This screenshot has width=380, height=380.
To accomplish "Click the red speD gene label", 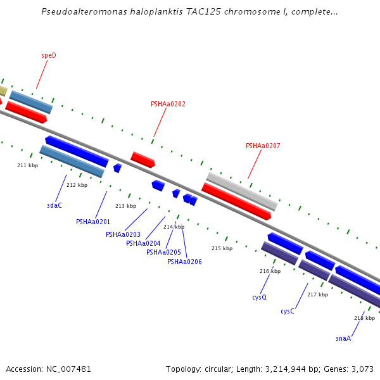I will (49, 55).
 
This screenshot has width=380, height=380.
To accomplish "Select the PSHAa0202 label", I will (168, 104).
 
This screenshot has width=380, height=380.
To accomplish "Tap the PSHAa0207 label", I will (263, 146).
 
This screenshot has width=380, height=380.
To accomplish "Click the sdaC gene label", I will (54, 205).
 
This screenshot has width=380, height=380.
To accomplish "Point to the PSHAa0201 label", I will (93, 222).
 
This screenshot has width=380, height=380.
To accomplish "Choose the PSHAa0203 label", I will (123, 234).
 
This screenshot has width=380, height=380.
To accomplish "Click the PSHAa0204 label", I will (143, 243).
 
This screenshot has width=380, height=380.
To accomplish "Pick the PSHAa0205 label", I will (163, 252).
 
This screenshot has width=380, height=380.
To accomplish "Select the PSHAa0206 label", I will (184, 262).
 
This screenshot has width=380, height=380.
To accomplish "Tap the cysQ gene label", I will (259, 296).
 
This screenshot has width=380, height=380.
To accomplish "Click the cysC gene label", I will (288, 311).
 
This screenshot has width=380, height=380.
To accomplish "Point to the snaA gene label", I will (343, 338).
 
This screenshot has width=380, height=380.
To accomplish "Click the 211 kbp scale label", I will (27, 165).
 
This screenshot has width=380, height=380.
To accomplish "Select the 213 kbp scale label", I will (125, 206).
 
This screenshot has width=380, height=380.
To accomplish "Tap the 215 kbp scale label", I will (222, 248).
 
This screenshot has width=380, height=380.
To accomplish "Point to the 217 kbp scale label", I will (317, 294).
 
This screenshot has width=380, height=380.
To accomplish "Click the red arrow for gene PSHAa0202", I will (142, 159).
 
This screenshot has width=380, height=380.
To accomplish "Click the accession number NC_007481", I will (68, 369).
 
